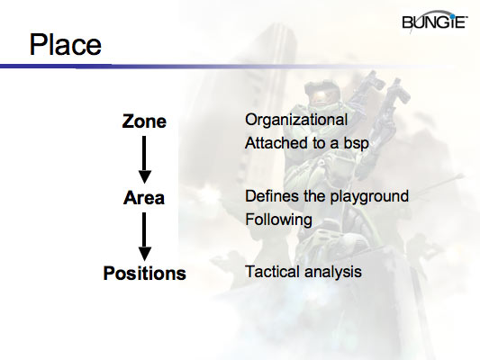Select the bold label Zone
coord(144,121)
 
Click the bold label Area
coord(144,197)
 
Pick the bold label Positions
coord(144,273)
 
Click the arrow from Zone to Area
coord(144,157)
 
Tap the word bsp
coord(363,143)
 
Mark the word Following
coord(277,219)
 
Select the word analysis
coord(333,271)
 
